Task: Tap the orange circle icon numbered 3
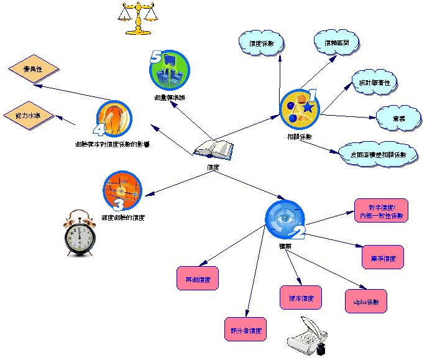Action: pos(122,191)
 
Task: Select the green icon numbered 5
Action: pos(169,70)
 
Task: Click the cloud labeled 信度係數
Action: pos(261,44)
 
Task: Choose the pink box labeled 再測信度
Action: pos(198,279)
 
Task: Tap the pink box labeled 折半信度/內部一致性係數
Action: pos(381,211)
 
